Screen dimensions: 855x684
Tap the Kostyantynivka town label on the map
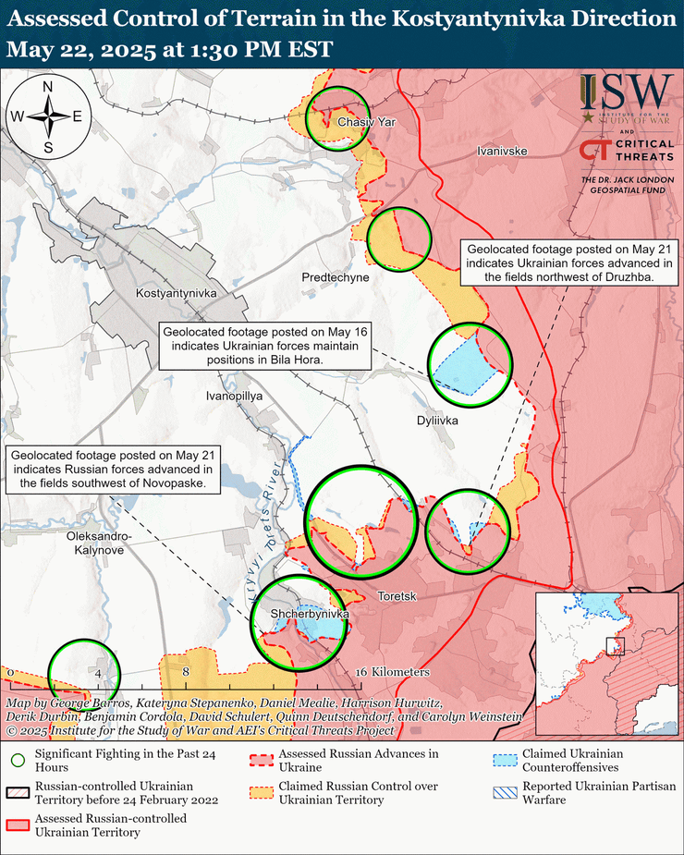(x=176, y=293)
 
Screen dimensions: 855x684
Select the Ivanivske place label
(x=502, y=150)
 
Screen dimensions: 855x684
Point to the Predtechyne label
(x=335, y=277)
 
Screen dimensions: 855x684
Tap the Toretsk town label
(x=397, y=597)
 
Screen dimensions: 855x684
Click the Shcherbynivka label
(x=309, y=614)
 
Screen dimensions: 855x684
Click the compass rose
(x=47, y=116)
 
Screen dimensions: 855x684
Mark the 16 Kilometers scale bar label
(x=393, y=671)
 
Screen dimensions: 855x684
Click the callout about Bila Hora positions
(x=263, y=347)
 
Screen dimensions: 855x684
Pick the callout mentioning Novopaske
(x=113, y=469)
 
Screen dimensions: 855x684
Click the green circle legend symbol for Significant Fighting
(x=18, y=762)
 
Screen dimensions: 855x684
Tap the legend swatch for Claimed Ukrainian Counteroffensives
(x=504, y=761)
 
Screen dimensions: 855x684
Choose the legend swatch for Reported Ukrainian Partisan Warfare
(x=504, y=792)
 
